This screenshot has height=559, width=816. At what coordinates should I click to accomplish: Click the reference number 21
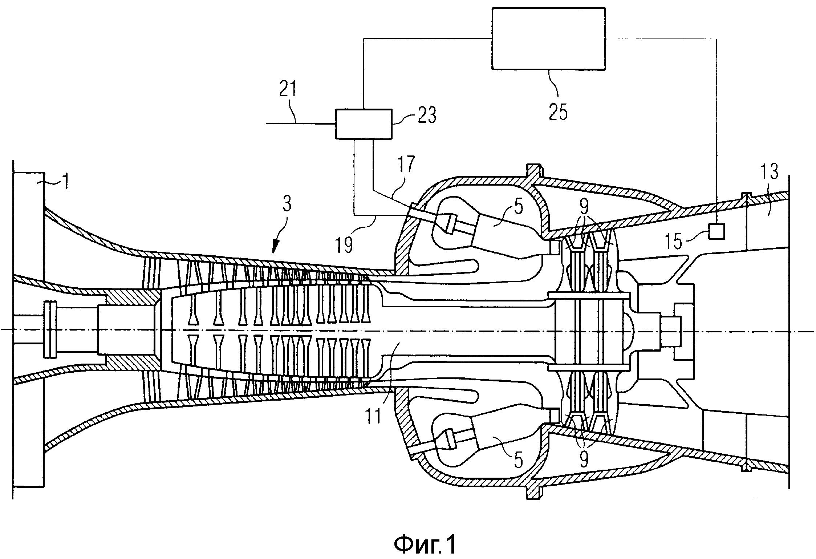pos(288,90)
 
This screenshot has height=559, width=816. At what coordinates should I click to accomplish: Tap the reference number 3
pos(287,205)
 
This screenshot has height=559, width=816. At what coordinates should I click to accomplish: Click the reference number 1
pos(65,182)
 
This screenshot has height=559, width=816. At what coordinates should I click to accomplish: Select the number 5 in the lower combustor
pos(518,461)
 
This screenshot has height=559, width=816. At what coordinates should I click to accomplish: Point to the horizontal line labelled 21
pos(301,124)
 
